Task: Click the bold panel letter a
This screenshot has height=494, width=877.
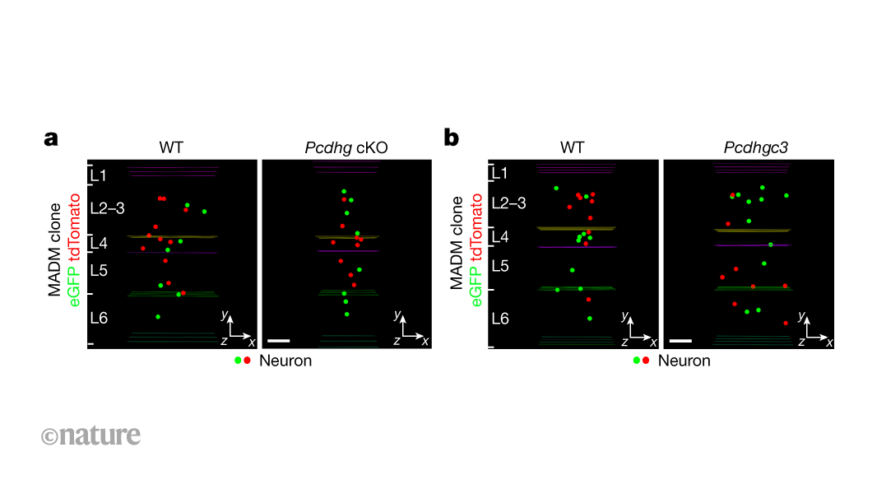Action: (51, 138)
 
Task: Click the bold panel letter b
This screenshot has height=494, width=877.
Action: (452, 137)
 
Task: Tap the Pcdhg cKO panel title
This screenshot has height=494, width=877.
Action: (346, 147)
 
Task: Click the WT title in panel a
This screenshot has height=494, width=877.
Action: (171, 147)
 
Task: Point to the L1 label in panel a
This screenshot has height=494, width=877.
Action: (100, 175)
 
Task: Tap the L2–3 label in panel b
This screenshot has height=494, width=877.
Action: (508, 203)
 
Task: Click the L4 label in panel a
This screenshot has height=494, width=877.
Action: (100, 242)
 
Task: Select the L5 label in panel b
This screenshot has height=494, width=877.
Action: (499, 266)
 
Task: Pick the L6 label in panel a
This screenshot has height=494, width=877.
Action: (100, 317)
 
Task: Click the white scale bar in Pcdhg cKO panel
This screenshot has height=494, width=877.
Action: (279, 339)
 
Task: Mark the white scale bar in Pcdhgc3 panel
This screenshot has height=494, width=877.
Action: (680, 339)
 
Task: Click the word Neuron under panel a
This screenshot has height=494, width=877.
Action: (285, 361)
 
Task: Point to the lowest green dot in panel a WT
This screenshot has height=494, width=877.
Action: (158, 316)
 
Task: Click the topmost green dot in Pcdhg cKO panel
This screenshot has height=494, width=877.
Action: (344, 192)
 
